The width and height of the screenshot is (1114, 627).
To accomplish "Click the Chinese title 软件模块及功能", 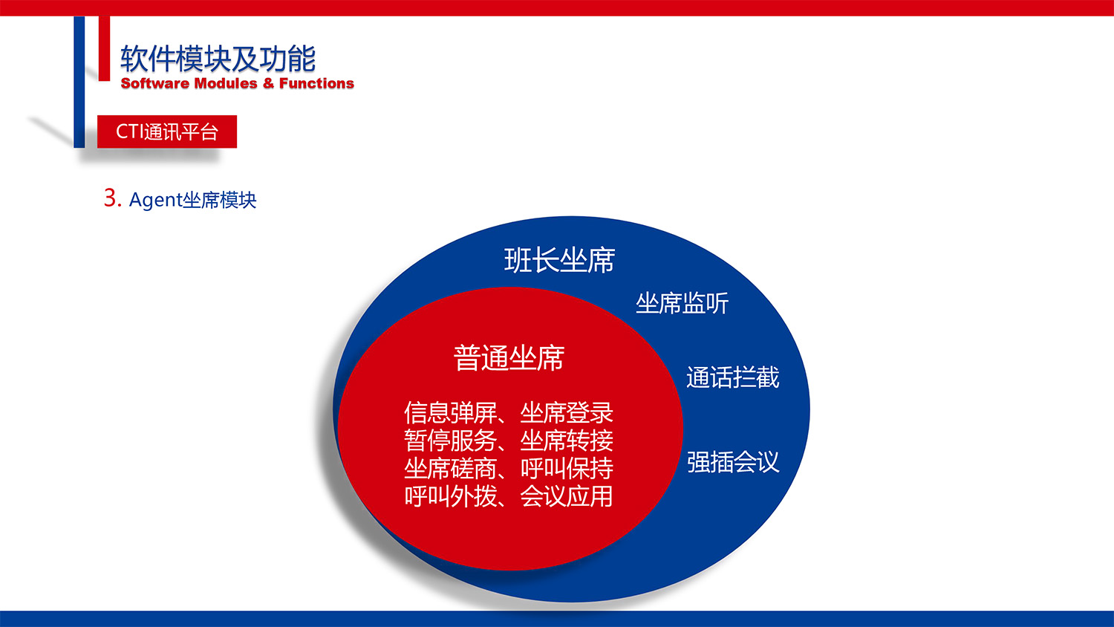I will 218,59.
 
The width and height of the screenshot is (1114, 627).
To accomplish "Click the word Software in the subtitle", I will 154,83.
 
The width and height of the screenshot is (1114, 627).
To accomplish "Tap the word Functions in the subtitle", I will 316,83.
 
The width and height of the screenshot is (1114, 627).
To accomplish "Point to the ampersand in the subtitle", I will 268,83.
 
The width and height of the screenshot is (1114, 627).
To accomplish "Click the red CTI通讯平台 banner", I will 167,131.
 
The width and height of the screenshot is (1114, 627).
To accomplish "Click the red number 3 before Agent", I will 111,198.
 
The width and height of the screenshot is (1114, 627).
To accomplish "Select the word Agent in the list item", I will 155,200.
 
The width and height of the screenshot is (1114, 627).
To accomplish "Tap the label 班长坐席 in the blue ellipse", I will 559,260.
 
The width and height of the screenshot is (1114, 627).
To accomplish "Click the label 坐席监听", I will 682,303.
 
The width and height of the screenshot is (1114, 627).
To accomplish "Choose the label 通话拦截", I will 732,377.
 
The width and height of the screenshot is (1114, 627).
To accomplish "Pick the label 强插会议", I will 732,462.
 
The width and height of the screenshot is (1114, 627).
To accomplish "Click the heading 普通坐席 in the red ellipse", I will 509,358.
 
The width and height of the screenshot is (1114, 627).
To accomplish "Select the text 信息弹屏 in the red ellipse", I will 450,412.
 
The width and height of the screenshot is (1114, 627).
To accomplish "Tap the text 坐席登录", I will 567,412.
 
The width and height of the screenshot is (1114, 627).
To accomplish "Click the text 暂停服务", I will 450,441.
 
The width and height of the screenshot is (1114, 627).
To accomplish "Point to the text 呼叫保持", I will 567,468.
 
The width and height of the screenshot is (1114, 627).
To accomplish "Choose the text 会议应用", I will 567,496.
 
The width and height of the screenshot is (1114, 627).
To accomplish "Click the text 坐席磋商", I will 450,468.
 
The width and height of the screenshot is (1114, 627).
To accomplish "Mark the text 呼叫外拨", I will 450,496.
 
